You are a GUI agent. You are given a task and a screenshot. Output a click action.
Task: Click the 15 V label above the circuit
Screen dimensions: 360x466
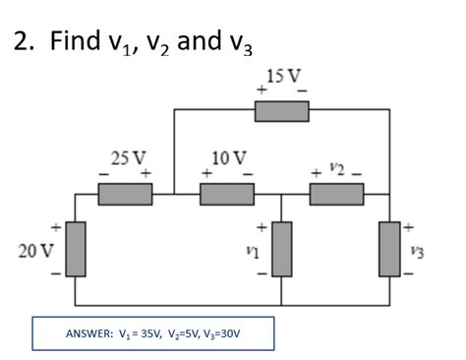click(283, 75)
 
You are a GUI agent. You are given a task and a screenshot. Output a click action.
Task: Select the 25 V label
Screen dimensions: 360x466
click(128, 156)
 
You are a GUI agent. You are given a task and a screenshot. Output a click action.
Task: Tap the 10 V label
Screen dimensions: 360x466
click(229, 156)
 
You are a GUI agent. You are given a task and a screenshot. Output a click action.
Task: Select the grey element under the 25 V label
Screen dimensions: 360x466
click(125, 194)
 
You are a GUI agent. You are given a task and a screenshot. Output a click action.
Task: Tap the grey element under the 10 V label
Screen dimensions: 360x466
click(227, 194)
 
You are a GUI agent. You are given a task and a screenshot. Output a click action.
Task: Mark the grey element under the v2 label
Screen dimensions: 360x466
click(336, 194)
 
